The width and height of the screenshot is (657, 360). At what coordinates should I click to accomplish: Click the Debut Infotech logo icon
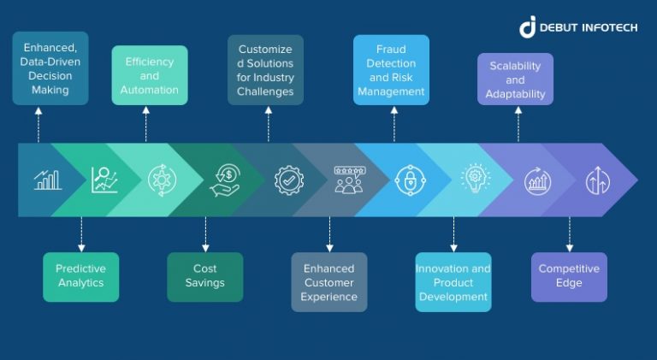click(527, 27)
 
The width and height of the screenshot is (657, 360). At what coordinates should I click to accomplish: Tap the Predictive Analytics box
click(80, 276)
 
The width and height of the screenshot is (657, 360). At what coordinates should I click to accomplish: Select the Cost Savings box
click(204, 276)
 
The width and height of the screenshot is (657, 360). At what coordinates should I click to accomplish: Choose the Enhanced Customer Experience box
click(329, 282)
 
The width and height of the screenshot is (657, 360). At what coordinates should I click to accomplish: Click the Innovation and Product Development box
click(453, 282)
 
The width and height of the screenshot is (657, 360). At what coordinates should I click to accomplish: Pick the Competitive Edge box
click(569, 276)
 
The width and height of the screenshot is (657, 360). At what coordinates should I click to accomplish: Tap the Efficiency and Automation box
click(150, 75)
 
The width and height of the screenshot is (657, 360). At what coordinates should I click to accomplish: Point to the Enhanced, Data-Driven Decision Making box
click(50, 68)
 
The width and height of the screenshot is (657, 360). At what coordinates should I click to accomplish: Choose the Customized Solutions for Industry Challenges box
click(265, 69)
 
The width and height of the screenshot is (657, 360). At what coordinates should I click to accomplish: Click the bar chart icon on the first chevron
click(47, 180)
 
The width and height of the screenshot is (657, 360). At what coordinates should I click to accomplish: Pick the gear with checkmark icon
click(289, 180)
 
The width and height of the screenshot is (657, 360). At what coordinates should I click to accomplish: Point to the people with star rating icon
click(349, 180)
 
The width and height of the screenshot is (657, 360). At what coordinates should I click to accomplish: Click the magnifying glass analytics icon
click(104, 180)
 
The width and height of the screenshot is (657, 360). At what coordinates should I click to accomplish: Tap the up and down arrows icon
click(596, 180)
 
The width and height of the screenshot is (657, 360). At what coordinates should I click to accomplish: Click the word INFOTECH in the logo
click(606, 27)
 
